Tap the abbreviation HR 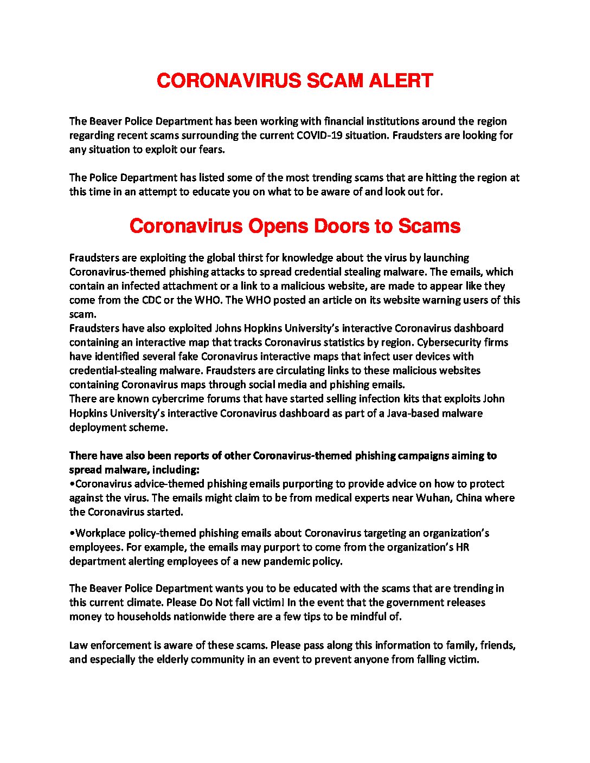click(x=463, y=547)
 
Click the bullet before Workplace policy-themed click(x=72, y=533)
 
